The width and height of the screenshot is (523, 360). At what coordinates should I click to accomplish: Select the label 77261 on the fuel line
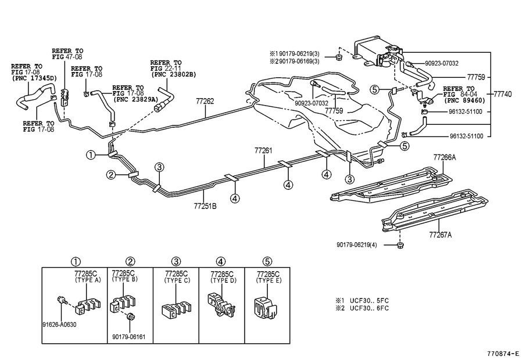pos(263,150)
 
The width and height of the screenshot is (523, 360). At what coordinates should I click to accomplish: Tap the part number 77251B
pos(205,205)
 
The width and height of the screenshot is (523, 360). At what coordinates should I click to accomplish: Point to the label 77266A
pos(445,157)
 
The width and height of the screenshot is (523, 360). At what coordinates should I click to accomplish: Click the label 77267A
pos(440,235)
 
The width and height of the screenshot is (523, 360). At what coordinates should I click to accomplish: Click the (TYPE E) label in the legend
pos(268,279)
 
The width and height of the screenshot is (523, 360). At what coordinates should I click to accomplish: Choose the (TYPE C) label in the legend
pos(176,279)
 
